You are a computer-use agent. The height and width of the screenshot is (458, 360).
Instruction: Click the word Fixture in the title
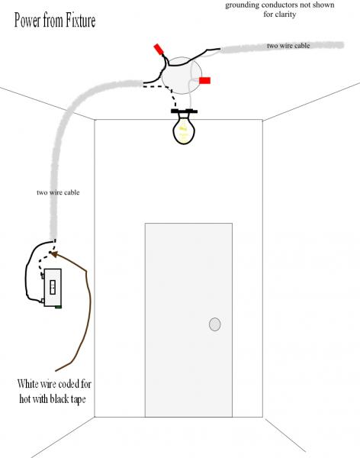(80, 21)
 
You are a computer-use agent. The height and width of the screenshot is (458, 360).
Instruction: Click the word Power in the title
(27, 21)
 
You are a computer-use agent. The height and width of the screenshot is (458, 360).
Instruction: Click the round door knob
(214, 324)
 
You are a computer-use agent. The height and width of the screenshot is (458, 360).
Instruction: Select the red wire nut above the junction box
(159, 49)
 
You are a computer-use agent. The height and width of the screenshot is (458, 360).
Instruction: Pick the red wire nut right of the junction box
(204, 80)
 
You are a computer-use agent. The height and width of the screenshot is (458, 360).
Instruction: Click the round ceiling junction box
(182, 76)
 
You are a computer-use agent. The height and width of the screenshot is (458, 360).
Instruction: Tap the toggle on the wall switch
(53, 287)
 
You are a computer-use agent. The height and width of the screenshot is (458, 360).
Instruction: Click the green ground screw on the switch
(58, 307)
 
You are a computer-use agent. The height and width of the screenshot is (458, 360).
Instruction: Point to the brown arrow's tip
(52, 253)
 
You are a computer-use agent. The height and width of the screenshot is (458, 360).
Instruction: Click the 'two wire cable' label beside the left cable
(58, 192)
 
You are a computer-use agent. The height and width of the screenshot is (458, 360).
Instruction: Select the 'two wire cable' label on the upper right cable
(288, 46)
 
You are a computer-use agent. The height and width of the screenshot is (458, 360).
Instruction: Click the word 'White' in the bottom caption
(27, 383)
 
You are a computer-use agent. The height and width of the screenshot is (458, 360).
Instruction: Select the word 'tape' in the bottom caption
(78, 399)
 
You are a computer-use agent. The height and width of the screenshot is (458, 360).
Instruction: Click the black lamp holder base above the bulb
(184, 111)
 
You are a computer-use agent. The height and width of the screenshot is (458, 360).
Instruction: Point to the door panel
(188, 320)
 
